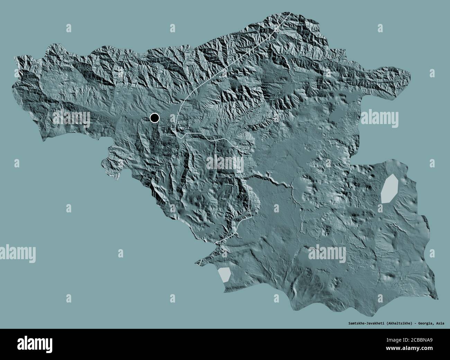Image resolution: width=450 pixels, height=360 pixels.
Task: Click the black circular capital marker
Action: pyautogui.click(x=154, y=118)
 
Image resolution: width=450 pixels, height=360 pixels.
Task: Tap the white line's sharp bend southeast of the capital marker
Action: pyautogui.click(x=179, y=137)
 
